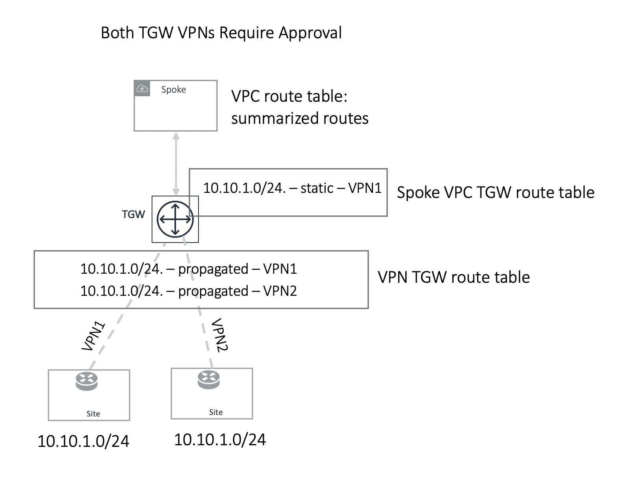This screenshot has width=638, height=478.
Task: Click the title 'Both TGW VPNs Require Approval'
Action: tap(221, 33)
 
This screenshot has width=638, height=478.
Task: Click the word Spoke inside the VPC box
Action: tap(173, 90)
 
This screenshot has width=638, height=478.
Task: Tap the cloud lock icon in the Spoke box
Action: tap(142, 89)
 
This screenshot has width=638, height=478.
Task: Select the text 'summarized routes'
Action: tap(299, 118)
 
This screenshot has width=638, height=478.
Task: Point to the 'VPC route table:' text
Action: tap(289, 96)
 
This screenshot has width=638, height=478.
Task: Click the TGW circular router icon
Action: tap(175, 219)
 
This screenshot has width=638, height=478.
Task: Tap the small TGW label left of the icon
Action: tap(133, 215)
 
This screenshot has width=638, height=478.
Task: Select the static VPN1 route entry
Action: tap(292, 188)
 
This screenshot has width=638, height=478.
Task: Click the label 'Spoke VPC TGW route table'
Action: tap(495, 192)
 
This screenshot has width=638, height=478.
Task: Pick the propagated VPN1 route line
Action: tap(188, 269)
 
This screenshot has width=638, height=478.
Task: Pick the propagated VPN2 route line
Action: tap(188, 291)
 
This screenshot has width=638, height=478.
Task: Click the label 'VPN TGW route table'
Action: tap(453, 277)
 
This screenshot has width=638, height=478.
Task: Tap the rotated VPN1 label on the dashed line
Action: tap(94, 336)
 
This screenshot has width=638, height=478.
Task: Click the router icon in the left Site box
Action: tap(87, 381)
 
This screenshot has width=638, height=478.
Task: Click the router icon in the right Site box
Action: tap(209, 379)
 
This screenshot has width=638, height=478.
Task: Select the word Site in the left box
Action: tap(93, 414)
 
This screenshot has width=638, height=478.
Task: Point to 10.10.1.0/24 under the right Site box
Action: tap(220, 440)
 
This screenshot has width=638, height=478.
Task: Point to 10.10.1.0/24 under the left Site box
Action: tap(83, 441)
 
